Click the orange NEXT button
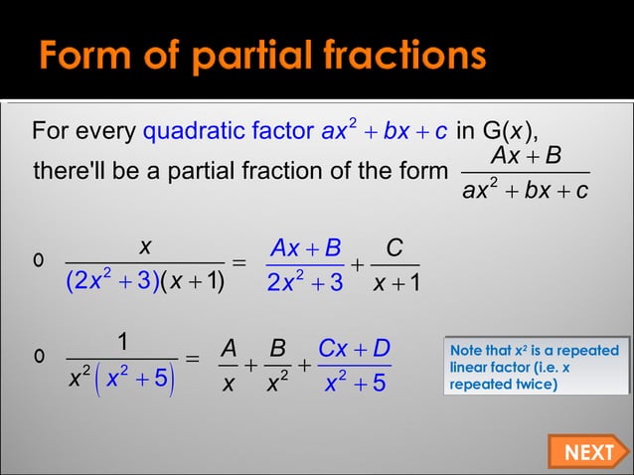click(587, 452)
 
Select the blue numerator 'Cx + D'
click(354, 349)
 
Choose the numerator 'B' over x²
click(278, 349)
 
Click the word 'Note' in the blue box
click(468, 351)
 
